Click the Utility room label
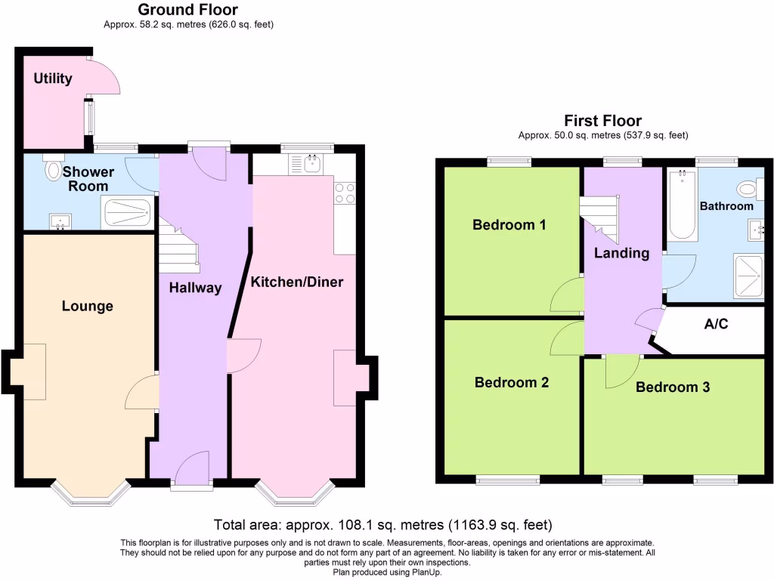(x=52, y=79)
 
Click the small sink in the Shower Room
(x=59, y=221)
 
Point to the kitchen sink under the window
(x=311, y=162)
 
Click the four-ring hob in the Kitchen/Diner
(x=345, y=194)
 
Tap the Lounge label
(x=87, y=306)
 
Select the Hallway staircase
(x=178, y=246)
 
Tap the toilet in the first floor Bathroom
(x=748, y=189)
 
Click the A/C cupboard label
(x=717, y=325)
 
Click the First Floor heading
(x=602, y=121)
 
